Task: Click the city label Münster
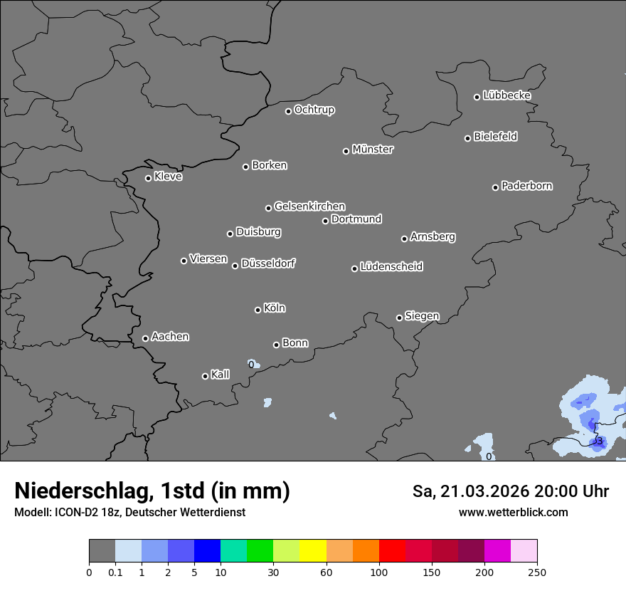click(372, 150)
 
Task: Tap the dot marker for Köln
click(258, 310)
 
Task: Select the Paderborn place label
click(526, 186)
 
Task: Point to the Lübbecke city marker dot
click(477, 97)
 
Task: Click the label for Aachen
click(170, 337)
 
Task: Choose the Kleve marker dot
click(148, 178)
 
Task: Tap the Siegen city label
click(422, 316)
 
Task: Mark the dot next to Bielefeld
click(467, 138)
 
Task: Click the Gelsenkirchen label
click(309, 206)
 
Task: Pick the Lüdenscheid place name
click(391, 267)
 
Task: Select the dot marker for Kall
click(205, 376)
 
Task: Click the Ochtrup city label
click(314, 110)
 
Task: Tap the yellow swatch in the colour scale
click(313, 551)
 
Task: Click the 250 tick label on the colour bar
click(537, 572)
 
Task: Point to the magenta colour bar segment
click(497, 551)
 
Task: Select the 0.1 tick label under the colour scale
click(115, 572)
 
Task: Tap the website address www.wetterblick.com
click(513, 512)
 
